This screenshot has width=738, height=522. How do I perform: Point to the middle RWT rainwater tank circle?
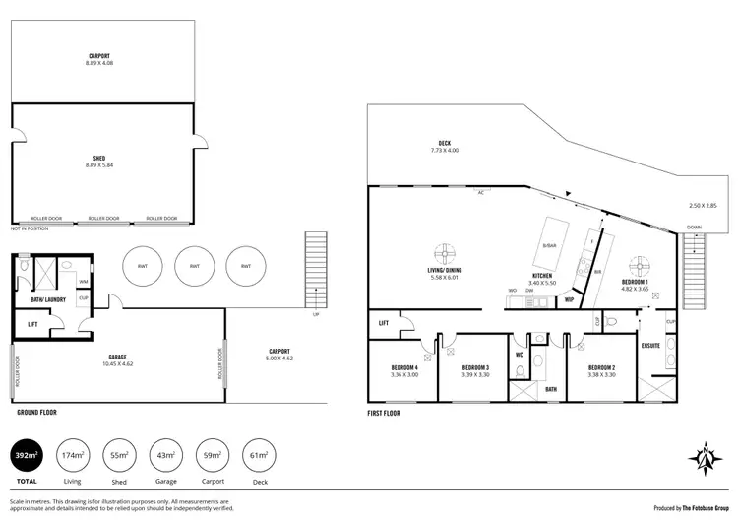195,266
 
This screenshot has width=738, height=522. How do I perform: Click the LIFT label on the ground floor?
33,323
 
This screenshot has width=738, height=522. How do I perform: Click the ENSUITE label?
650,346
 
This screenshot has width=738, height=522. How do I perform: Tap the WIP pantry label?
570,299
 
